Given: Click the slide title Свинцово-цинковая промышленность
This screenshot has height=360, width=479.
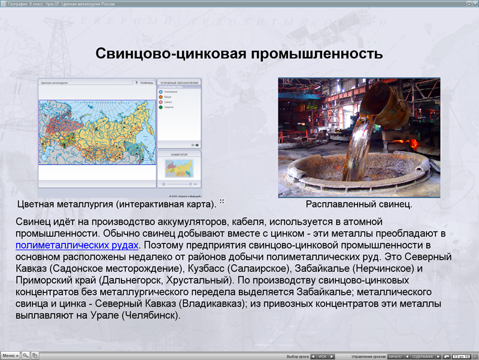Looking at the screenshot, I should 239,54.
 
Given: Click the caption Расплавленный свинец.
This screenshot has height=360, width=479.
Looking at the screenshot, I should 359,205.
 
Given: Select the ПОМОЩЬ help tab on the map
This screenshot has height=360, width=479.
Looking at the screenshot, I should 146,82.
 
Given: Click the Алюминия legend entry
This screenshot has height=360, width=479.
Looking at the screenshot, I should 171,91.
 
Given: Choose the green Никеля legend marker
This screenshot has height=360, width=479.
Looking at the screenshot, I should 161,107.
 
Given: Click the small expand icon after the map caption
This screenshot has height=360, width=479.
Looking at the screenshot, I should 222,202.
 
